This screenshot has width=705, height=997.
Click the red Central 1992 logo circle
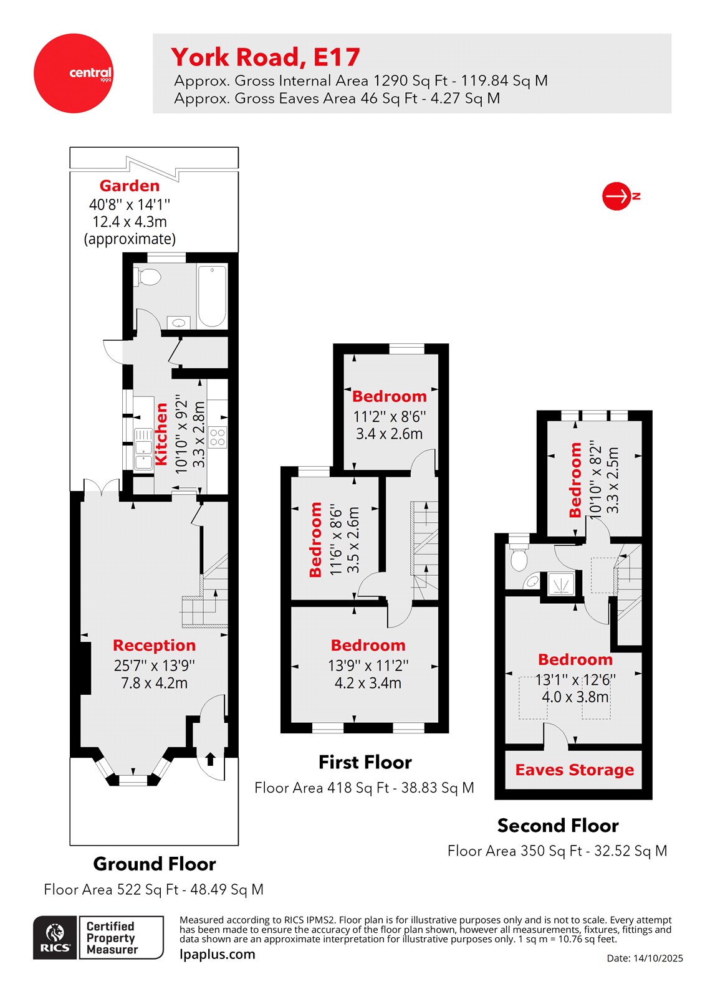73,74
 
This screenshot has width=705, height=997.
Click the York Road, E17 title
266,57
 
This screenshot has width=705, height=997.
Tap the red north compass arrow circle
617,196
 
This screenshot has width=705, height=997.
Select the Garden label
130,186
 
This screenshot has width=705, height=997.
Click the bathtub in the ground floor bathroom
212,295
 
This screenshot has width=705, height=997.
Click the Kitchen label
161,434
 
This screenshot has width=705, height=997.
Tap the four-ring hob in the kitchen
218,437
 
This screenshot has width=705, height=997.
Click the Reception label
154,646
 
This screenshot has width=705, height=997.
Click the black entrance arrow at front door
210,758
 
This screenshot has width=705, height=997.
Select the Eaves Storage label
574,770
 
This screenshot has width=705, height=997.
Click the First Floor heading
365,762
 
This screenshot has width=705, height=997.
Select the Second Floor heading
558,826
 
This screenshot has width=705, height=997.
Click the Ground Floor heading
155,864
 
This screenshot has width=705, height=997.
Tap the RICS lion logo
55,937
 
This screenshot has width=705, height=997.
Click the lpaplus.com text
217,954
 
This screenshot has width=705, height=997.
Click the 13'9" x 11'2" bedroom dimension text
368,665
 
